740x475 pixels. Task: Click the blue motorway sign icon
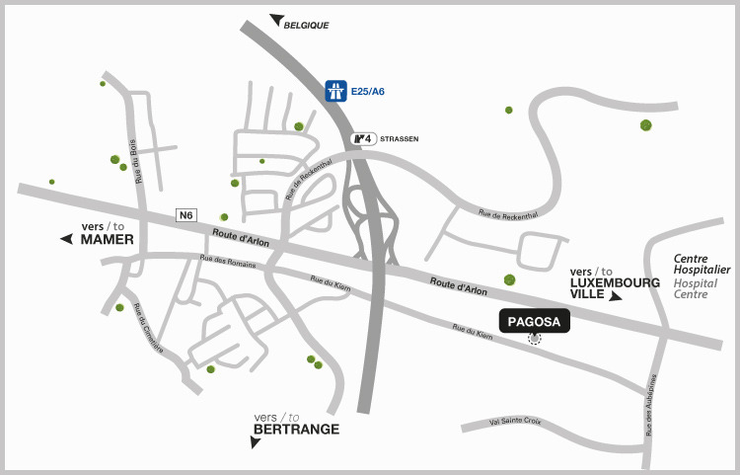pos(336,91)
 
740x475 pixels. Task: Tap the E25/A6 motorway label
pos(368,92)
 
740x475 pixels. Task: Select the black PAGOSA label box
pos(535,321)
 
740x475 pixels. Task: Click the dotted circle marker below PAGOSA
pos(535,339)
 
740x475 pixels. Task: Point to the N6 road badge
pos(185,214)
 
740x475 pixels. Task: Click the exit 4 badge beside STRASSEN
pos(364,138)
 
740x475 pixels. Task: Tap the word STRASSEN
pos(400,139)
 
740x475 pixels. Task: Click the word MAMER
pos(107,240)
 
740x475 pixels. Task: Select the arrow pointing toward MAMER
pos(67,239)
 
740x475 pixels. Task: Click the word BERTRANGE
pos(296,430)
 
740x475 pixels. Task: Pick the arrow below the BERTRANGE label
pos(256,442)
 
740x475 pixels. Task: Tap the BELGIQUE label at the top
pos(306,25)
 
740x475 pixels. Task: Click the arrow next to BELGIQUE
pos(276,20)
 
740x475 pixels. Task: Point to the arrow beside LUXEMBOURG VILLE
pos(616,296)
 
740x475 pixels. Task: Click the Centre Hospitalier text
pos(702,264)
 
